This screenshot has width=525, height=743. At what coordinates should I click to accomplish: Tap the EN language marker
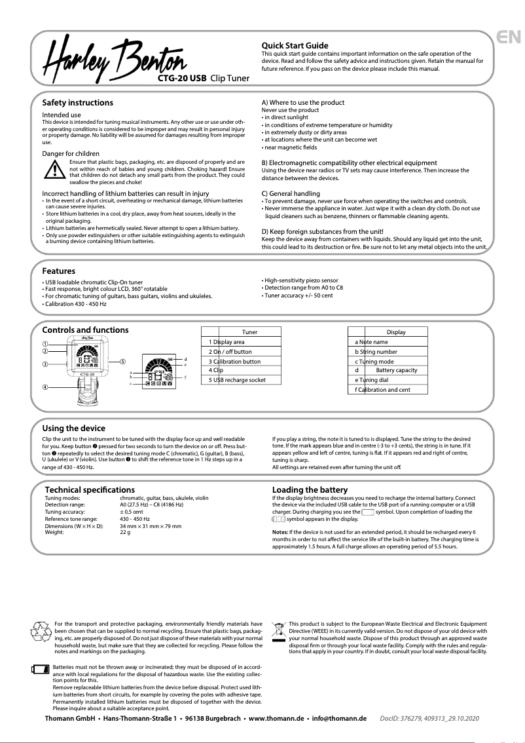pos(509,37)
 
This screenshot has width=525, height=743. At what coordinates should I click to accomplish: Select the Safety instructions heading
pos(77,103)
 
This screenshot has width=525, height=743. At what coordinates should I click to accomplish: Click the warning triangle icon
pos(54,170)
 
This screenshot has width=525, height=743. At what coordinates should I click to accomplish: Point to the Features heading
pos(58,271)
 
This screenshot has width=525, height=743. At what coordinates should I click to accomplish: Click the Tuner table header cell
pos(249,332)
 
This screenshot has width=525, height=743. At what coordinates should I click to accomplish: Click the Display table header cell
pos(395,332)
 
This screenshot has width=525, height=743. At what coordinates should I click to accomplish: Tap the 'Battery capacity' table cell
pos(396,371)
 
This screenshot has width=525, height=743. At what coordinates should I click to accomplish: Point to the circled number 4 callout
pos(45,387)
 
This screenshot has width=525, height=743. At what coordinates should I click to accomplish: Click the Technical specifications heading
pos(90,489)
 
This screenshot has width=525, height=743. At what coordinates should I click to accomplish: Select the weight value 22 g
pos(125,532)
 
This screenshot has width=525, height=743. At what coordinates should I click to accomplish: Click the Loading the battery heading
pos(310,489)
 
